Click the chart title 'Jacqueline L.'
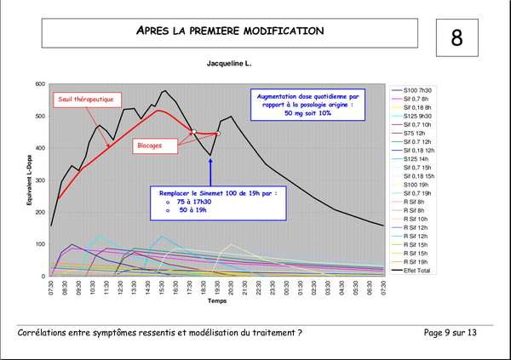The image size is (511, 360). click(x=230, y=64)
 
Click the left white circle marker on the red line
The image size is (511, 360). click(x=193, y=131)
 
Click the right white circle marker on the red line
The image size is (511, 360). click(x=218, y=134)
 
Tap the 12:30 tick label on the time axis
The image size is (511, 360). click(x=119, y=287)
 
